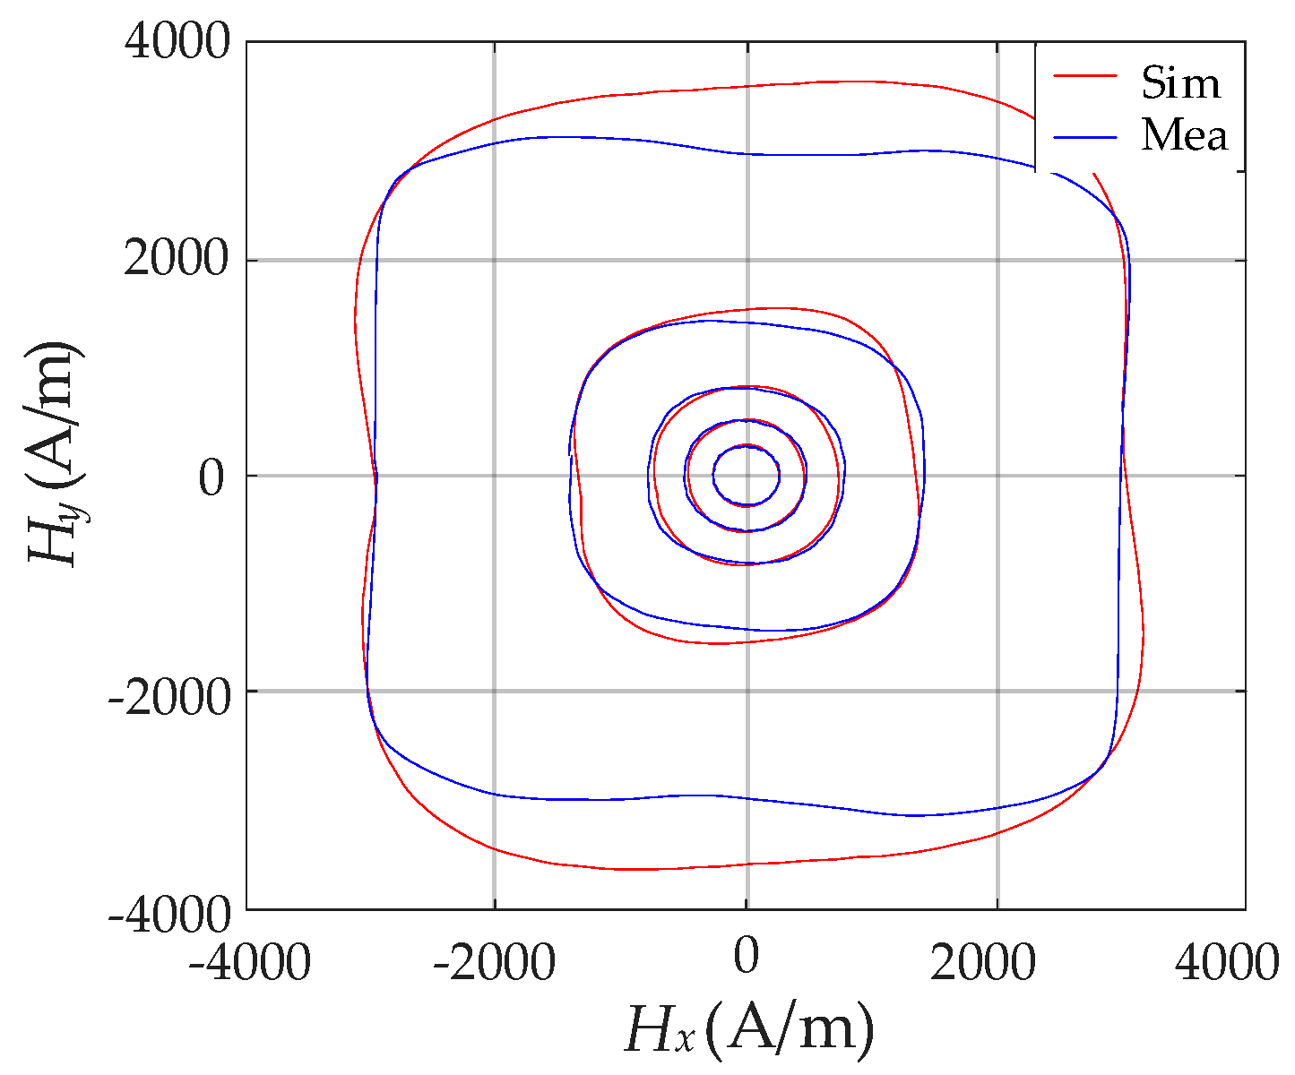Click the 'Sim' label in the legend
tap(1180, 83)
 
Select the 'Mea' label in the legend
tap(1184, 136)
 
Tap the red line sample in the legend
tap(1085, 77)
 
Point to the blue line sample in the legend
tap(1085, 137)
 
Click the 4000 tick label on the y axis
tap(177, 42)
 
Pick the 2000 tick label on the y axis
tap(177, 261)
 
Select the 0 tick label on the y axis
tap(211, 477)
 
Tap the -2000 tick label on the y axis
tap(167, 692)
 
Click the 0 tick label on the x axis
tap(746, 957)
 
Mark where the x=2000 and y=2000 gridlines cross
tap(997, 261)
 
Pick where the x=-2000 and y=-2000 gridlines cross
tap(494, 691)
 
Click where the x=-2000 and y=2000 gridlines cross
tap(494, 261)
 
